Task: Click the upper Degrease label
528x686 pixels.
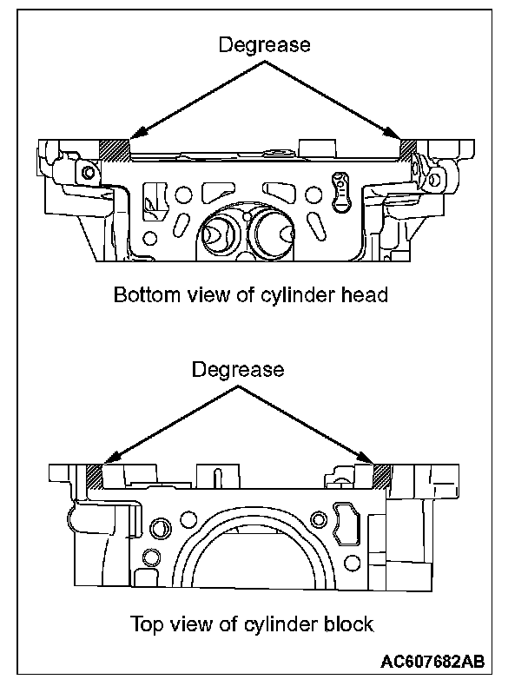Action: pos(262,45)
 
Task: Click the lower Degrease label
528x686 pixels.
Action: pos(237,370)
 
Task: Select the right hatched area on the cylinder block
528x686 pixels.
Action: pos(381,476)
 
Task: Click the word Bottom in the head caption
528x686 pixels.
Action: pos(142,295)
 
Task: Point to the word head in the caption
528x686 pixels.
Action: pos(365,295)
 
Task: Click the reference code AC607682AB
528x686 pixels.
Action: pos(432,663)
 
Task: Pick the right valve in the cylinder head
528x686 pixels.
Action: pos(275,230)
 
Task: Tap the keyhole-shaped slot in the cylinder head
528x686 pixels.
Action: pos(340,190)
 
